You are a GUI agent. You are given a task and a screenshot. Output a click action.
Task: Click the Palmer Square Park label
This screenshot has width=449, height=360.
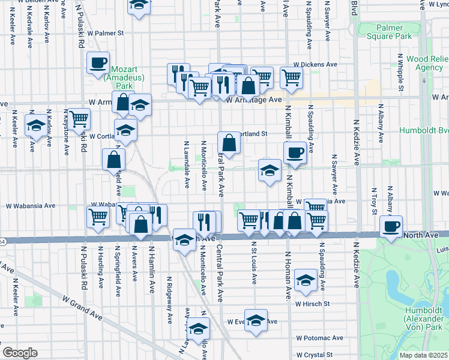394,32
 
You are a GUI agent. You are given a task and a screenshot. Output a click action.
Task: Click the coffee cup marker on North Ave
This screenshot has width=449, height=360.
391,226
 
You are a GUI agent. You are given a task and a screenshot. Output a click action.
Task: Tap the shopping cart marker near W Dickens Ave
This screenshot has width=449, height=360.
291,77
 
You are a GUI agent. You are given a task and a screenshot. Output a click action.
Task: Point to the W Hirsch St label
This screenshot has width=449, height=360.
312,304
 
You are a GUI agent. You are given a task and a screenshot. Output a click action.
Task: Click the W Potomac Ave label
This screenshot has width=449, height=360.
319,338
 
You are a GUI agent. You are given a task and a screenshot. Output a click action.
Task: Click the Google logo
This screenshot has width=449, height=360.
20,353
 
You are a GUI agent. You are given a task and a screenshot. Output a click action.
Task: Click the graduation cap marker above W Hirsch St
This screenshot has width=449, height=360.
306,280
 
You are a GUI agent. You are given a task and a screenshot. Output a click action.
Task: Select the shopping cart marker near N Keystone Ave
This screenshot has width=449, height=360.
79,119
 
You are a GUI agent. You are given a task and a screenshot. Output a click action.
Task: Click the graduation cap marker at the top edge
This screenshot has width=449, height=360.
139,5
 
